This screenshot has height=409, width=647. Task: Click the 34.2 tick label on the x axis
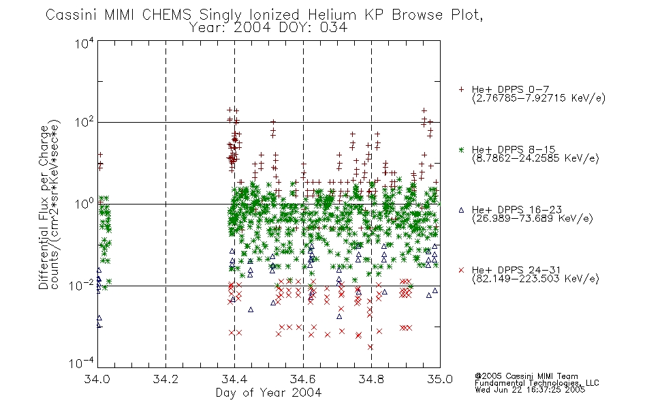click(x=165, y=379)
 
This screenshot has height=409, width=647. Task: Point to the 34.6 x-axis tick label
click(x=303, y=379)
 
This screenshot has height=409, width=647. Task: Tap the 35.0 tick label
click(x=440, y=379)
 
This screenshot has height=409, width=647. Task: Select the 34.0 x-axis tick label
click(x=97, y=379)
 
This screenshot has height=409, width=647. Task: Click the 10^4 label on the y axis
click(x=84, y=43)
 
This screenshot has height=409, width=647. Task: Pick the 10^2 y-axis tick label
click(x=84, y=122)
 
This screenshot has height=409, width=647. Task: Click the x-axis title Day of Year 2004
click(x=268, y=393)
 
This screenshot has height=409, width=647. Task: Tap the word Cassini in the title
click(x=72, y=15)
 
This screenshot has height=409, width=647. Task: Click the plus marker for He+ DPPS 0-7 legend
click(x=461, y=89)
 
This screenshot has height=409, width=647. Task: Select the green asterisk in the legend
click(x=461, y=149)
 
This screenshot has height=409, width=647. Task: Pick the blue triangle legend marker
click(x=461, y=210)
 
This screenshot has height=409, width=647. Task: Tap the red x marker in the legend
click(x=461, y=270)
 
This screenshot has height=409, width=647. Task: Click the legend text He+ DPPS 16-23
click(x=517, y=210)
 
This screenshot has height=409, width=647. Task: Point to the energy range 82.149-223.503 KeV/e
click(x=535, y=279)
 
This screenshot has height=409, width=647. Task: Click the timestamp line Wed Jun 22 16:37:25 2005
click(x=530, y=390)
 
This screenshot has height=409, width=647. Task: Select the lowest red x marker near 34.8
click(x=370, y=347)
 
